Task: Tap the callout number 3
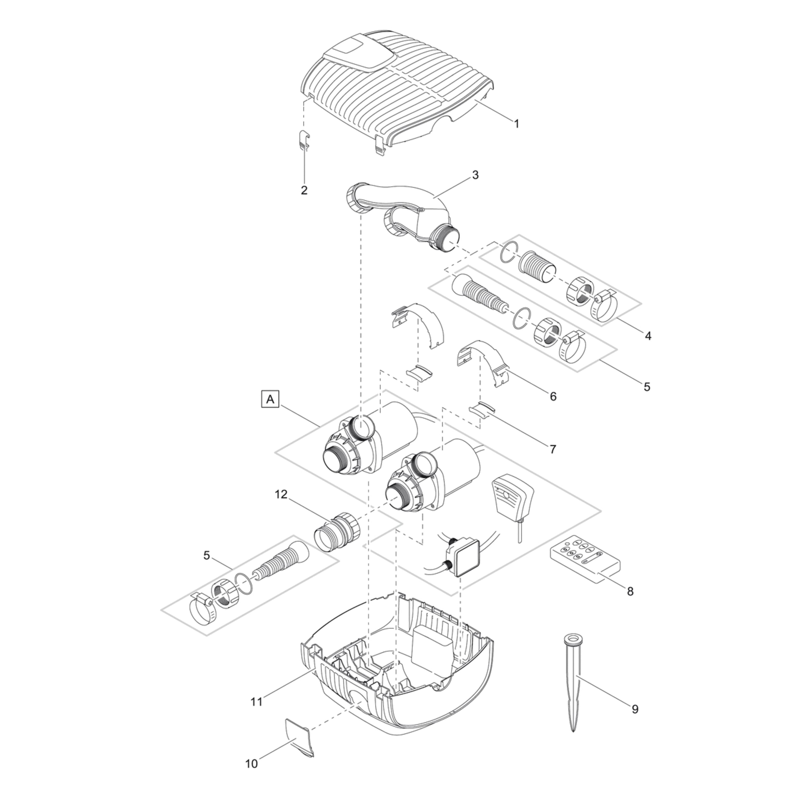[x=475, y=175]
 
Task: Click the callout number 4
[x=648, y=336]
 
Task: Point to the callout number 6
[x=553, y=396]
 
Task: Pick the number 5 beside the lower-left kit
[x=207, y=555]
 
